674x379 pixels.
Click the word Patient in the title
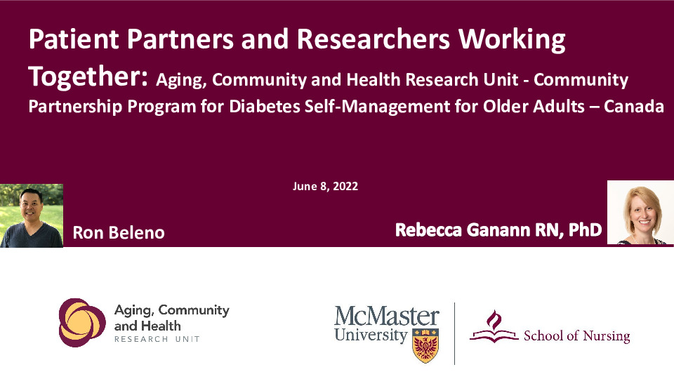[74, 39]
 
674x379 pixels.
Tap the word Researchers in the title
[373, 39]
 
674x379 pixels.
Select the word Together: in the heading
[88, 77]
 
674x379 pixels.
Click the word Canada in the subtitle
[633, 106]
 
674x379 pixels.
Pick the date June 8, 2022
[325, 186]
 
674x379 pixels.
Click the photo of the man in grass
[32, 215]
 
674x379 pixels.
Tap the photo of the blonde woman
[640, 212]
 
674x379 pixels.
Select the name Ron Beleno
[119, 232]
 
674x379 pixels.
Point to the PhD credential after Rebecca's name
[585, 230]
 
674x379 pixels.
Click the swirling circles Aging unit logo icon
[82, 322]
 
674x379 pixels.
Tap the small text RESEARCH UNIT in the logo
[157, 339]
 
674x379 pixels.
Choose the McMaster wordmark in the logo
[387, 316]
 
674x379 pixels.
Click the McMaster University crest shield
[425, 345]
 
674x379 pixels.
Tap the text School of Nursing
[577, 335]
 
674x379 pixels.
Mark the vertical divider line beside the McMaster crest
[454, 333]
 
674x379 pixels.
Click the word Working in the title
[512, 40]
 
